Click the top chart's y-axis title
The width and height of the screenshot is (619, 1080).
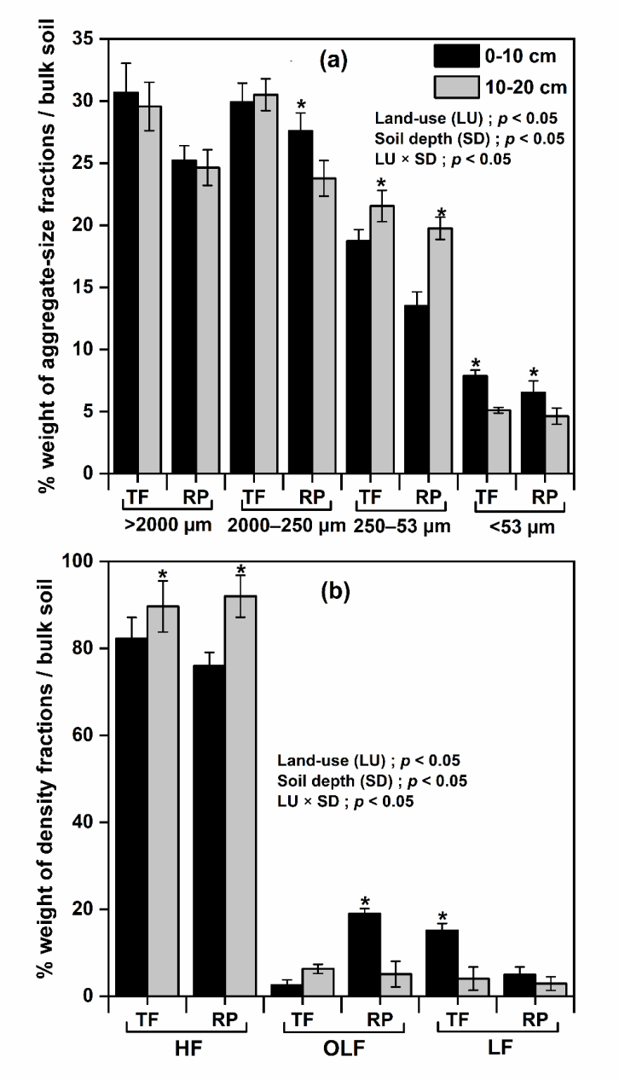tap(49, 256)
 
